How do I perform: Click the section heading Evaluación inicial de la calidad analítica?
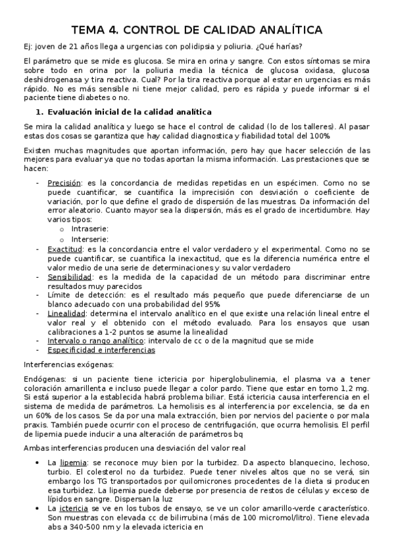tap(130, 112)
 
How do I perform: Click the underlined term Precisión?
tap(64, 182)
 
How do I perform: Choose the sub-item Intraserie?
tap(90, 228)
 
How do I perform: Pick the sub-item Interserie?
tap(90, 239)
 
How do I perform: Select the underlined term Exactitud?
tap(64, 249)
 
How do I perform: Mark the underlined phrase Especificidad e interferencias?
tap(101, 351)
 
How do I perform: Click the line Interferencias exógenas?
tap(69, 364)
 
